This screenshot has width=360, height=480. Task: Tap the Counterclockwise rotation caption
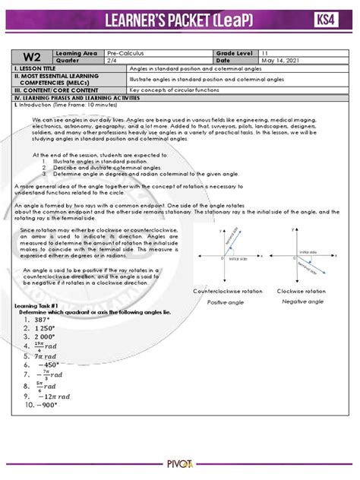coord(227,292)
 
